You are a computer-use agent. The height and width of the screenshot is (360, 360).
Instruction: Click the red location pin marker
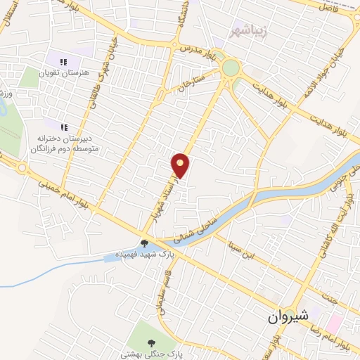(181, 165)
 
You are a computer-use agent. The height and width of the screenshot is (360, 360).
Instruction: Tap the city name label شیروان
(288, 316)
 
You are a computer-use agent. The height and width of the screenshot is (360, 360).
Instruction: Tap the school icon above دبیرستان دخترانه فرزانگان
(63, 127)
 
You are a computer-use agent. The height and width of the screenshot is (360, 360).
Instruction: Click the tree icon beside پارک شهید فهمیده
(144, 244)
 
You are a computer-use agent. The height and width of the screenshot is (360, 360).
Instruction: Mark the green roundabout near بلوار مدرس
(230, 69)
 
